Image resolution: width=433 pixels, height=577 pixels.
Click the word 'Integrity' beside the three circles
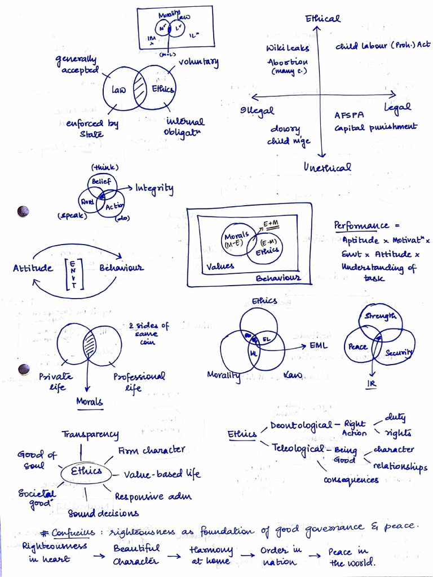[x=154, y=188]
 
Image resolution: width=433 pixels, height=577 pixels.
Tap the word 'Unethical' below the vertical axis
[x=328, y=167]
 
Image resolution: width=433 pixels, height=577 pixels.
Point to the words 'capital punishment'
[x=375, y=127]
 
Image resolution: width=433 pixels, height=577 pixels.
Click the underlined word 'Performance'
[x=361, y=225]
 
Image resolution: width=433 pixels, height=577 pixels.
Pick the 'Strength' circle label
[x=380, y=316]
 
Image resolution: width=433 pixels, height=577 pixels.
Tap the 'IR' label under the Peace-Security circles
[x=373, y=384]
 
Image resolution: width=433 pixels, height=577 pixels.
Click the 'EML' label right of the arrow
[x=319, y=345]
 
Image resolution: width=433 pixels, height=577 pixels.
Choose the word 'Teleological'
[x=298, y=449]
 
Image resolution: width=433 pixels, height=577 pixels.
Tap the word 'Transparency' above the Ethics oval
[x=90, y=434]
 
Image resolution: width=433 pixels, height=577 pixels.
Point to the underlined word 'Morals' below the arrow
[x=90, y=402]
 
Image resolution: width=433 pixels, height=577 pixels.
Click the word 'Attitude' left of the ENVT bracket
[x=33, y=268]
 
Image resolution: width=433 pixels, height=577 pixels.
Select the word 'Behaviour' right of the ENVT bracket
[x=121, y=268]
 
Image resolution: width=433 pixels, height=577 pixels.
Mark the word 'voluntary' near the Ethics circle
[x=198, y=63]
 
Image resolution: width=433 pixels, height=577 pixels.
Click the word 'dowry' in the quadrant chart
[x=285, y=130]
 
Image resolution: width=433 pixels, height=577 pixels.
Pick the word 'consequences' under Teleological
[x=351, y=480]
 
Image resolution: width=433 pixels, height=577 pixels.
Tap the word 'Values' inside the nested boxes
[x=220, y=267]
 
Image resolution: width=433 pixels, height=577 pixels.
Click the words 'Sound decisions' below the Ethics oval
[x=103, y=513]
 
